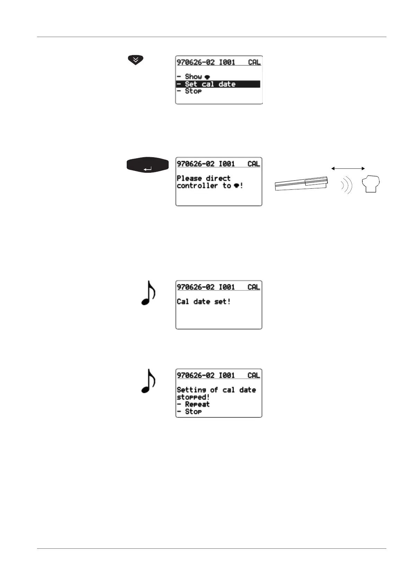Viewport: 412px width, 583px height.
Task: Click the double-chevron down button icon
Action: click(135, 60)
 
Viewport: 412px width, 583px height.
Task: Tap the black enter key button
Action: click(147, 165)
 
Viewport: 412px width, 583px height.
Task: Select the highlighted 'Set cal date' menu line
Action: click(218, 84)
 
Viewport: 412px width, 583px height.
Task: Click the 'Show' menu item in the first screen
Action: click(193, 77)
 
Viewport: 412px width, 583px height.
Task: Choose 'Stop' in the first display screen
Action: click(193, 91)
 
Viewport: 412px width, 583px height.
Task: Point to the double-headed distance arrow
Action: click(348, 168)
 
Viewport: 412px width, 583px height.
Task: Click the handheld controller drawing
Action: click(301, 183)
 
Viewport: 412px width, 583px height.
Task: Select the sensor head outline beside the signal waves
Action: click(371, 184)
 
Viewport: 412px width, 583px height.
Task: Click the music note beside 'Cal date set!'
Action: click(148, 293)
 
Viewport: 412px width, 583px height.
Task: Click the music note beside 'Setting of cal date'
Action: click(148, 381)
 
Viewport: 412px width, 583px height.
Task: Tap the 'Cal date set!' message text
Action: click(204, 302)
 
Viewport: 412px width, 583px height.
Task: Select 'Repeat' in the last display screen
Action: click(197, 404)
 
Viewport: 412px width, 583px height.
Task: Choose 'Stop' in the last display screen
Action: click(193, 412)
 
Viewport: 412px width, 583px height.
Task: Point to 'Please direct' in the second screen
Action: click(204, 178)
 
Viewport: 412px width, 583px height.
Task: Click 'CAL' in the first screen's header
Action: click(254, 62)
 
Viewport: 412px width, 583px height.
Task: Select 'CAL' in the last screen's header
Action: click(254, 375)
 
